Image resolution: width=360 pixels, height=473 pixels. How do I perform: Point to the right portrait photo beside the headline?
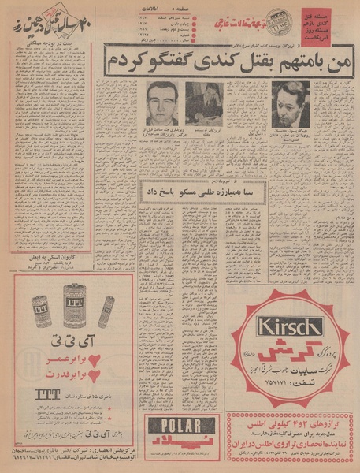(290, 103)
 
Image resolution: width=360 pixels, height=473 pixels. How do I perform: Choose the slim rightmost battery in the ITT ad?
(106, 311)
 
